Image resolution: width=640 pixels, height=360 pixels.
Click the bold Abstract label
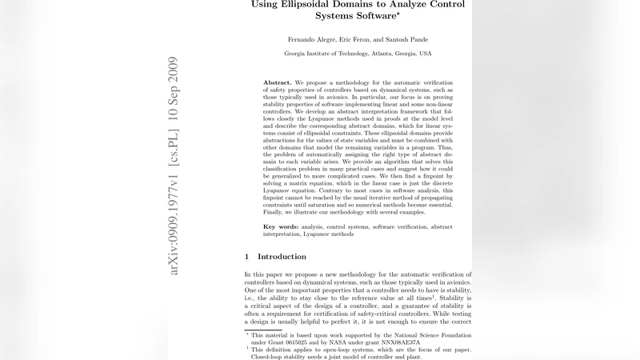point(278,82)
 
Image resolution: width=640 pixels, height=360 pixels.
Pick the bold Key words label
point(282,226)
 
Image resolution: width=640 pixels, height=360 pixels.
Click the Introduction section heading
point(282,257)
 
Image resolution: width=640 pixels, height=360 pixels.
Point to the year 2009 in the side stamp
point(174,70)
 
